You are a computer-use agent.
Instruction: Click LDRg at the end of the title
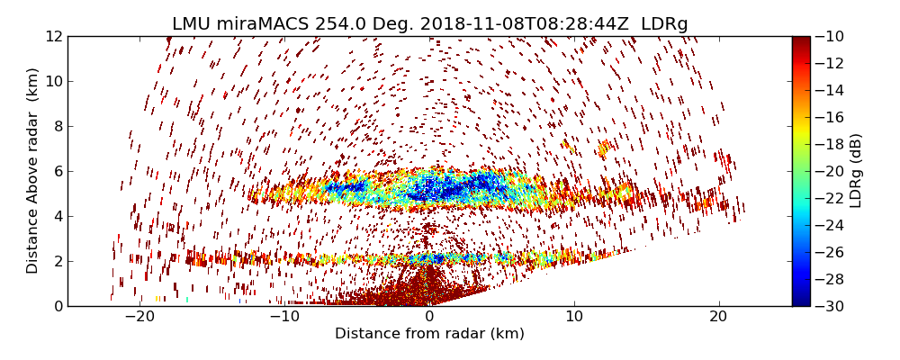[x=664, y=24]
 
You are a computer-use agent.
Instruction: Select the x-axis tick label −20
[x=139, y=317]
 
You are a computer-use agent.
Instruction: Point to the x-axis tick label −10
[x=284, y=317]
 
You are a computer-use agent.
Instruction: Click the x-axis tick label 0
[x=429, y=317]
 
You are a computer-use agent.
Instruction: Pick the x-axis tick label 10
[x=574, y=317]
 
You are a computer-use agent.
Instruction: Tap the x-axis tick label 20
[x=718, y=317]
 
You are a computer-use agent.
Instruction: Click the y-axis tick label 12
[x=53, y=37]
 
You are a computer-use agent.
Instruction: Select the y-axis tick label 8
[x=57, y=127]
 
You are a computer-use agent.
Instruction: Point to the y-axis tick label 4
[x=57, y=216]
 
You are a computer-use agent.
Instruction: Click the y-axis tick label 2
[x=57, y=261]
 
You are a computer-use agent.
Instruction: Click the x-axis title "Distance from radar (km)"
[x=429, y=334]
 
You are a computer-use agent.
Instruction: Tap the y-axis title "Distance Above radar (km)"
[x=33, y=171]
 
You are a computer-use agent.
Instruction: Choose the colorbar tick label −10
[x=832, y=37]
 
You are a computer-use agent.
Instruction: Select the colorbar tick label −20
[x=832, y=171]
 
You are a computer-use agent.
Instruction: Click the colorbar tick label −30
[x=832, y=306]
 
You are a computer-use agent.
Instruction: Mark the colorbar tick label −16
[x=832, y=117]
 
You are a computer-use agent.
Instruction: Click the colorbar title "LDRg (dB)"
[x=856, y=171]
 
